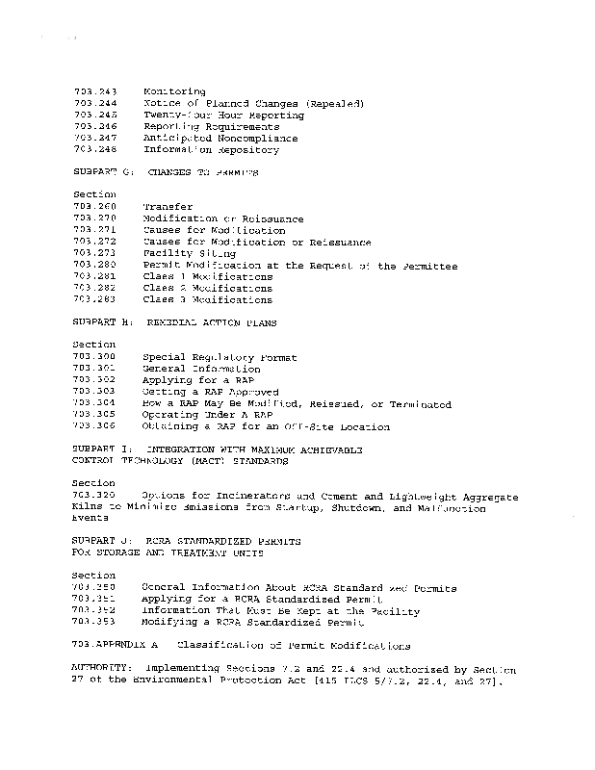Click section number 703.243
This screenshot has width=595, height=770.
pyautogui.click(x=94, y=91)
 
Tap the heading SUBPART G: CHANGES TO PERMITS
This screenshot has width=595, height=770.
pyautogui.click(x=166, y=172)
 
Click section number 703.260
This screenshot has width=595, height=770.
pyautogui.click(x=94, y=207)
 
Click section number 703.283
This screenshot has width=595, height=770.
pyautogui.click(x=94, y=299)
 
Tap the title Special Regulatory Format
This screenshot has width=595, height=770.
pyautogui.click(x=220, y=357)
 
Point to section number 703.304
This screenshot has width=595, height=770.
pyautogui.click(x=94, y=403)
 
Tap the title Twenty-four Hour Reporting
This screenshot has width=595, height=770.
pyautogui.click(x=223, y=115)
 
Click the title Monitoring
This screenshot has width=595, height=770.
pyautogui.click(x=173, y=91)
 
